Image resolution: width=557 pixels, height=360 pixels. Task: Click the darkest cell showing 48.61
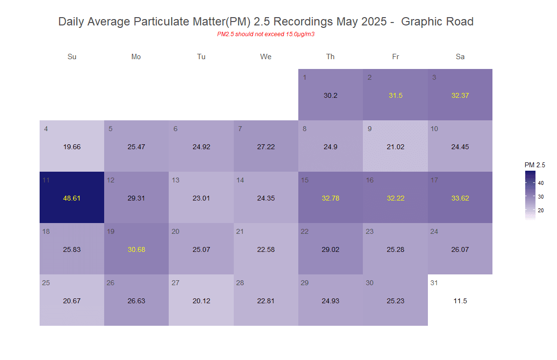[72, 198]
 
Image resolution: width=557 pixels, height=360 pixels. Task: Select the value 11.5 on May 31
[460, 301]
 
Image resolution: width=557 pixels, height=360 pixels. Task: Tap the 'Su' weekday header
[72, 57]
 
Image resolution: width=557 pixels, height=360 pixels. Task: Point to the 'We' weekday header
[266, 57]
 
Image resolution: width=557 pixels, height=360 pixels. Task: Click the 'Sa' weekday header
[460, 57]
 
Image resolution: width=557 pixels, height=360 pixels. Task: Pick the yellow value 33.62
[460, 198]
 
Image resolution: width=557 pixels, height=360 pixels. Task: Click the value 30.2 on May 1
[331, 95]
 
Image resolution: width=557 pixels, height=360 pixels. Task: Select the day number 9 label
[370, 129]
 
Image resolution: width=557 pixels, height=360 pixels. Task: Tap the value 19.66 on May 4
[72, 147]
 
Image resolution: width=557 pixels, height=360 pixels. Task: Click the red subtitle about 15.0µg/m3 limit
[266, 34]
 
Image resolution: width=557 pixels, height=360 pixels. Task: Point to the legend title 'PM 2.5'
[535, 165]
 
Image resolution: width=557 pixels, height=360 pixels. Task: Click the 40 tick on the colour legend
[541, 183]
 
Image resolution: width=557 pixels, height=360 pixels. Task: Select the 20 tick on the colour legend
[541, 210]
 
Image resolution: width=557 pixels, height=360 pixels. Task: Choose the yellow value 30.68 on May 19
[136, 249]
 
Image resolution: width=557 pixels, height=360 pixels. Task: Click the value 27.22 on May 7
[266, 147]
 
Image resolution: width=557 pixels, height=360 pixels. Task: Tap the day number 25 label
[46, 283]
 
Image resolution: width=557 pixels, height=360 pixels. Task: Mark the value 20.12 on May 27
[201, 301]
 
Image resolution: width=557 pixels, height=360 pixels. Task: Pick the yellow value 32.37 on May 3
[460, 95]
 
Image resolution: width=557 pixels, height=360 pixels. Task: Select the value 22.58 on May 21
[266, 249]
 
